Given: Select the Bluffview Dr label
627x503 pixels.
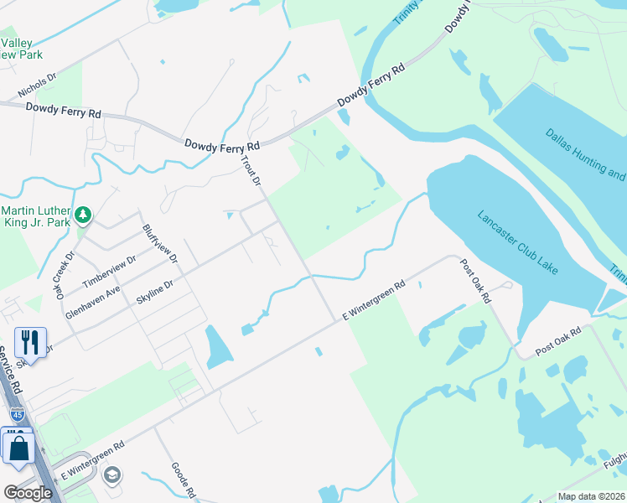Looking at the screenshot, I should [x=160, y=243].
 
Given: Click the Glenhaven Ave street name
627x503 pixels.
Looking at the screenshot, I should [x=93, y=302].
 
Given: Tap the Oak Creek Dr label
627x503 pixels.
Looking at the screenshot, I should [x=65, y=273].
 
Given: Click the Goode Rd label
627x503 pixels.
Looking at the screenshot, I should [x=183, y=480].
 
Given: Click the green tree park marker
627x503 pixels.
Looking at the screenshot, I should [x=82, y=216].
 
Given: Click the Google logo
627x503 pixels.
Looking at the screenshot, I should [x=28, y=493].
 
